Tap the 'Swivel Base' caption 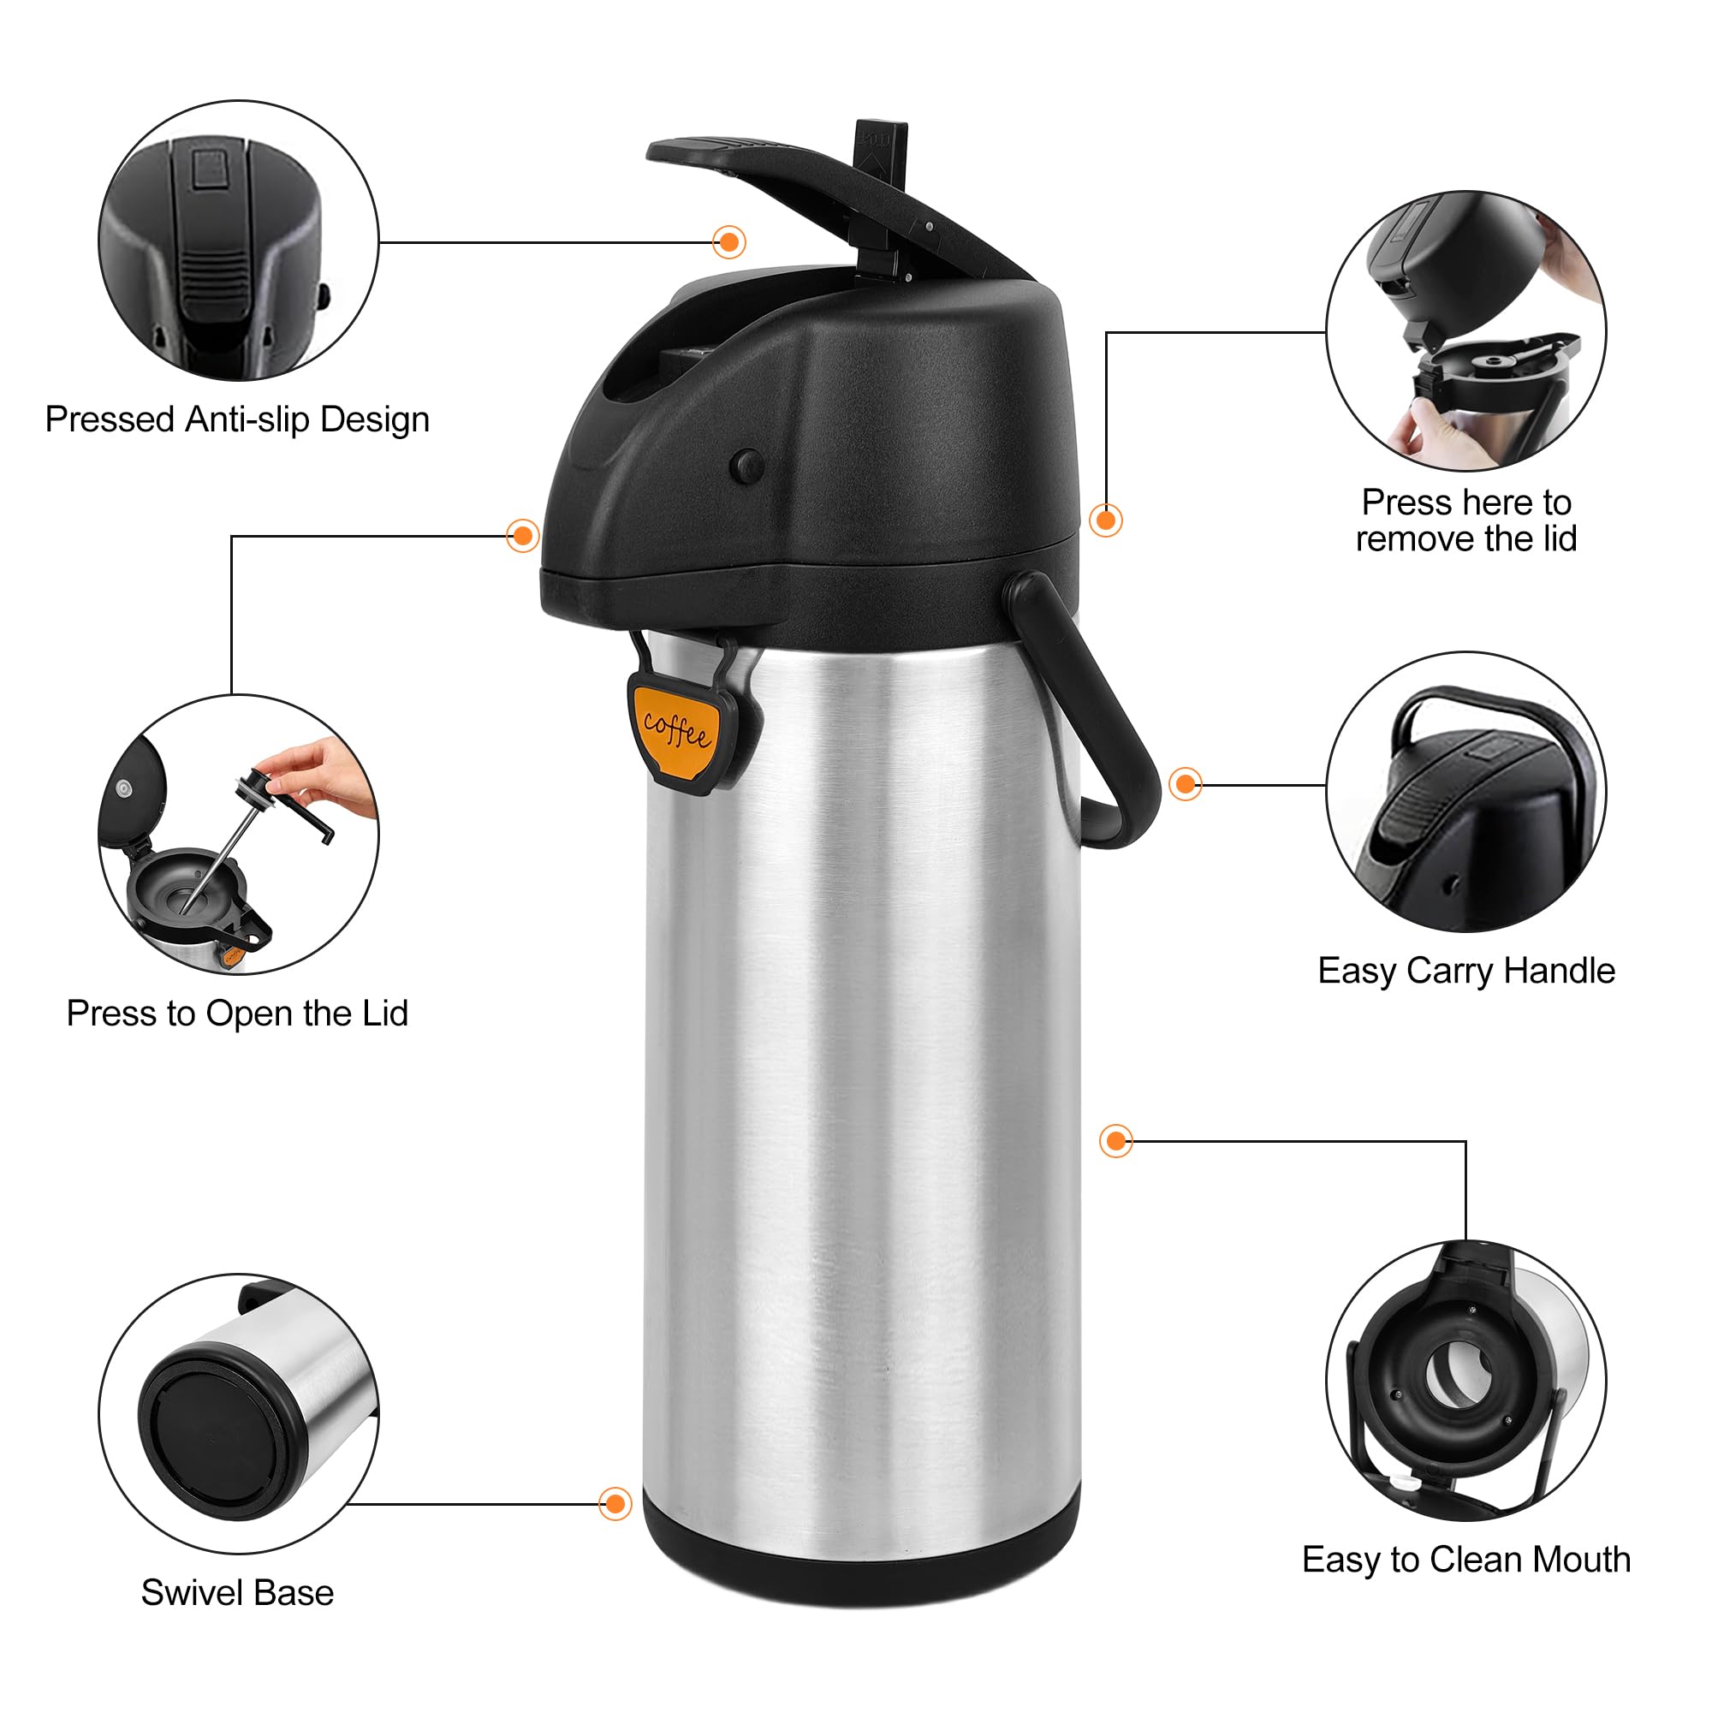pyautogui.click(x=237, y=1592)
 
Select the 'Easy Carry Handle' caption pyautogui.click(x=1465, y=971)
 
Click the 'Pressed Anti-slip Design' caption pyautogui.click(x=237, y=419)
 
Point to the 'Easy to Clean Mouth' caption pyautogui.click(x=1465, y=1559)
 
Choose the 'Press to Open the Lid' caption pyautogui.click(x=237, y=1013)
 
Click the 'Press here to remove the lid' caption pyautogui.click(x=1465, y=520)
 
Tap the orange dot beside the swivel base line pyautogui.click(x=615, y=1503)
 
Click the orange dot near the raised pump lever pyautogui.click(x=729, y=242)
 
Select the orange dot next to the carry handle pyautogui.click(x=1185, y=783)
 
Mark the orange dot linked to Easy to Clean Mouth pyautogui.click(x=1115, y=1140)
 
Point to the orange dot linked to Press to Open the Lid pyautogui.click(x=523, y=535)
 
